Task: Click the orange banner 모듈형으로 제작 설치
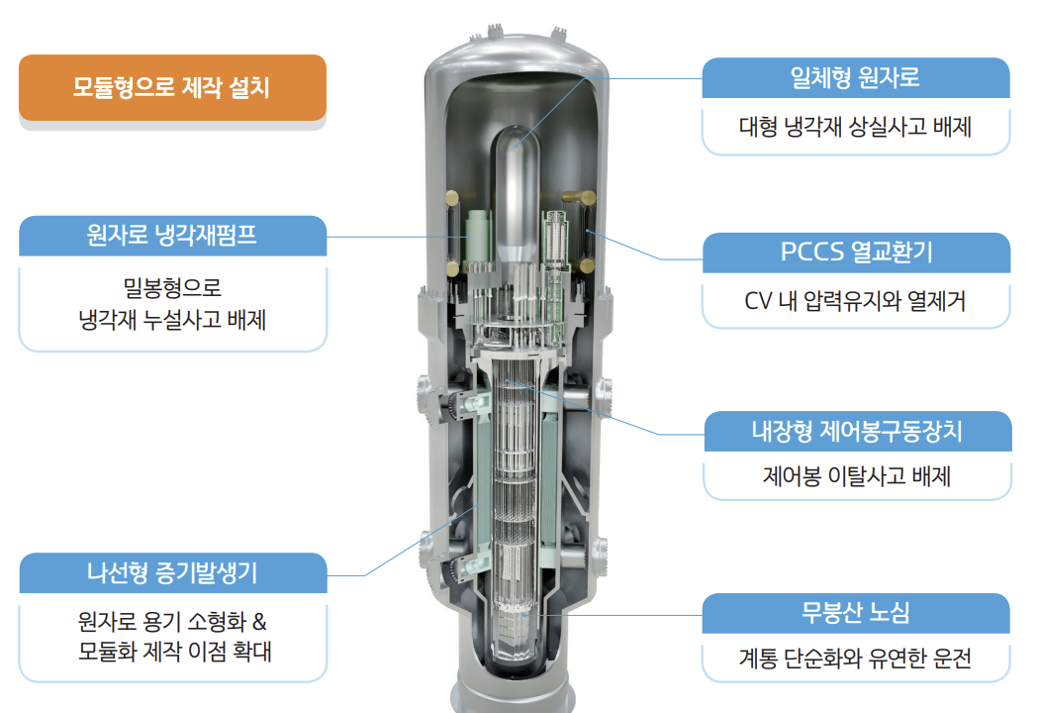click(171, 87)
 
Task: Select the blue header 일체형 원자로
click(856, 77)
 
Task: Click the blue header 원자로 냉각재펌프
click(172, 236)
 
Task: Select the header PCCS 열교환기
click(856, 253)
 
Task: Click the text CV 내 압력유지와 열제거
click(856, 300)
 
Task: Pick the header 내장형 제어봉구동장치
click(857, 431)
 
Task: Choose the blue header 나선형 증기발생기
click(172, 572)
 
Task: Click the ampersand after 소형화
click(260, 623)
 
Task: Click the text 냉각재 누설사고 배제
click(172, 320)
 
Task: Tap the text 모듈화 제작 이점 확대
click(172, 653)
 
